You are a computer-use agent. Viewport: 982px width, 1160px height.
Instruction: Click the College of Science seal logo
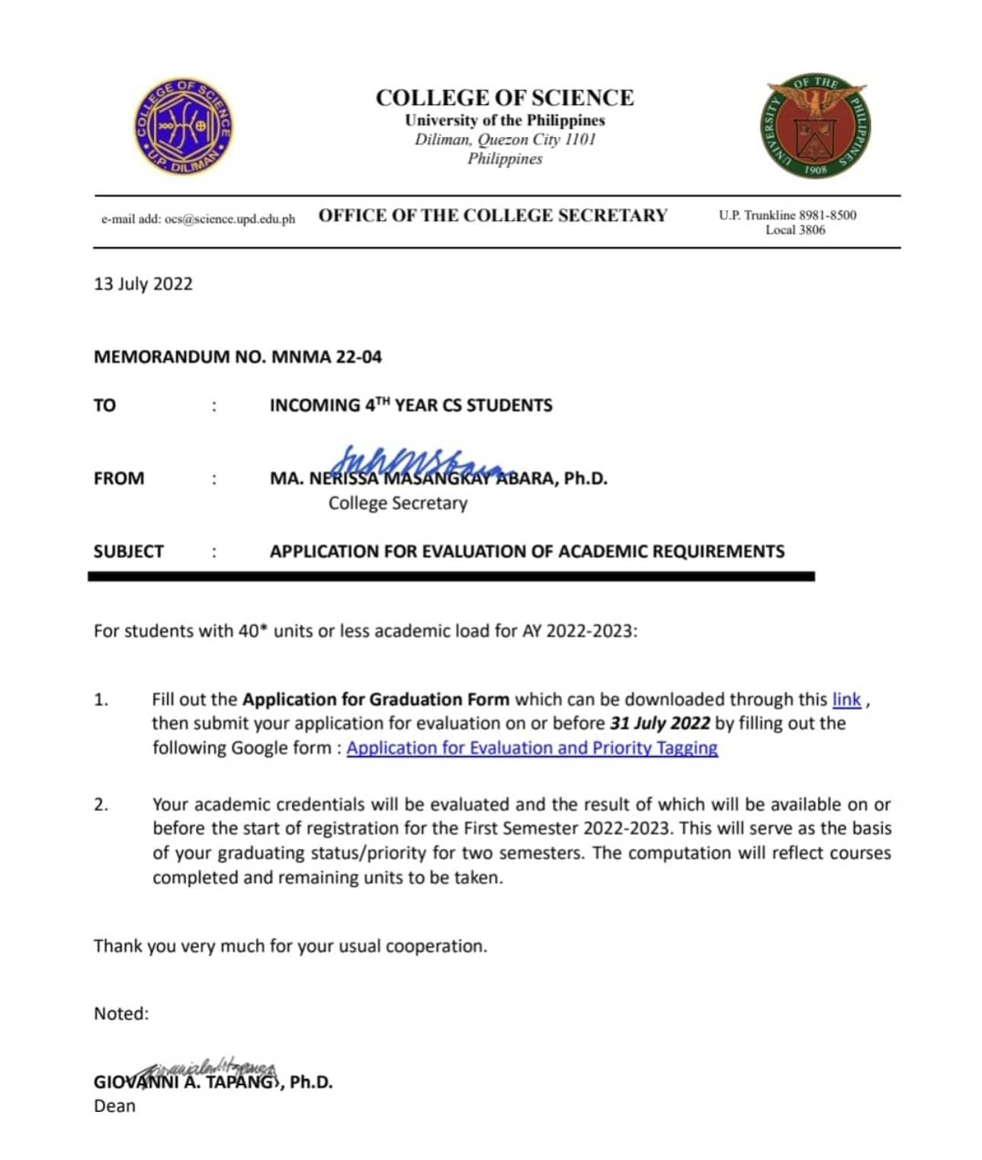[x=183, y=127]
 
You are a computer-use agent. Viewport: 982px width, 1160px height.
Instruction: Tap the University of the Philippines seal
[x=815, y=127]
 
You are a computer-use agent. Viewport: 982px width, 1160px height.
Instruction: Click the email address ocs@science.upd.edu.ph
[x=229, y=220]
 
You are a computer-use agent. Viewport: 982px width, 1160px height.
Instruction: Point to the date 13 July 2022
[x=143, y=284]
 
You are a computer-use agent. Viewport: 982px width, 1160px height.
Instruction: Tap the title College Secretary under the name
[x=397, y=503]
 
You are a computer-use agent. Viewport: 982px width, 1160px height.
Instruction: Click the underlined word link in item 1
[x=846, y=700]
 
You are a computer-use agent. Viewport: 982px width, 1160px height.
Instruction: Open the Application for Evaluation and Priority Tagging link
[x=532, y=748]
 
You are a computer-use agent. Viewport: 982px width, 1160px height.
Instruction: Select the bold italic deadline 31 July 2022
[x=659, y=723]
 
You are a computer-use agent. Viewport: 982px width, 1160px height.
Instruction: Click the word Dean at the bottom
[x=114, y=1106]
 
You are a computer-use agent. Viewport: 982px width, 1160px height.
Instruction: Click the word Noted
[x=121, y=1014]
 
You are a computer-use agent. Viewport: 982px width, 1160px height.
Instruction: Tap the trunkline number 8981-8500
[x=827, y=215]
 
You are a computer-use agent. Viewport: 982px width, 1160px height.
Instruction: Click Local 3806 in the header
[x=795, y=230]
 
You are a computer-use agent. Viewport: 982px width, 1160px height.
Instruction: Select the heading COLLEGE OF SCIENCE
[x=505, y=98]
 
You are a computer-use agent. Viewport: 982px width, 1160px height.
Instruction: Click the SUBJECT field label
[x=129, y=551]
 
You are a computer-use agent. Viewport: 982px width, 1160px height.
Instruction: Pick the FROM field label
[x=119, y=479]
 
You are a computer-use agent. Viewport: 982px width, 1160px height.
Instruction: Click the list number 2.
[x=101, y=804]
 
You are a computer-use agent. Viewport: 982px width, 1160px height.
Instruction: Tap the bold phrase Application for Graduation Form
[x=376, y=700]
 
